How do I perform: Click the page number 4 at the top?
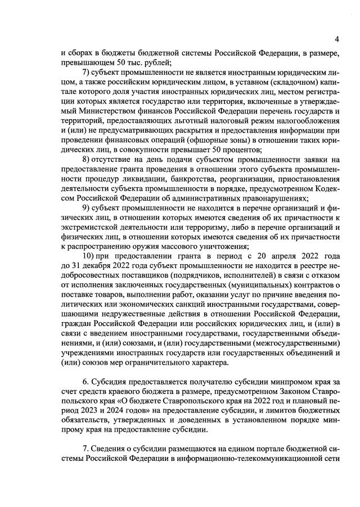coord(336,39)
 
